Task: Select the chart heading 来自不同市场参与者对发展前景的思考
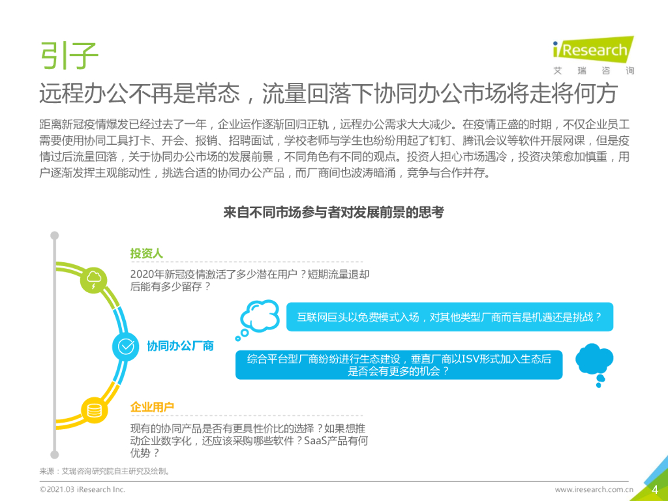(333, 213)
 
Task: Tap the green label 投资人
(146, 253)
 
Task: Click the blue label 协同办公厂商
(180, 346)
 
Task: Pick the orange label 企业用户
(152, 407)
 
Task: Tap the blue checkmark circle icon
(126, 346)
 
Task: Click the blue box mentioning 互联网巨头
(449, 317)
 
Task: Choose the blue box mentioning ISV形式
(399, 365)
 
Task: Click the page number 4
(654, 489)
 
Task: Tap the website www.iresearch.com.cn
(594, 489)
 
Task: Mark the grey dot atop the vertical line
(55, 235)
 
